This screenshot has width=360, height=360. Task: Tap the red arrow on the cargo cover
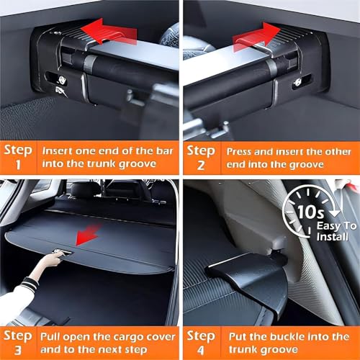point(88,234)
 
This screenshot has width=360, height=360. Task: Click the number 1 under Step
point(18,165)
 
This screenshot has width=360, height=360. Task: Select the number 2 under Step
point(201,165)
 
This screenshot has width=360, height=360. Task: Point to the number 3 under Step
point(18,350)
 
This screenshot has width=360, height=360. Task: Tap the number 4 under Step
point(201,351)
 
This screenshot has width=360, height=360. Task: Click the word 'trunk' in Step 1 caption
point(102,163)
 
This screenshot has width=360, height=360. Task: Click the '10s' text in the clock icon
point(311,212)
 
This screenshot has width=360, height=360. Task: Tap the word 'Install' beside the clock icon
point(332,237)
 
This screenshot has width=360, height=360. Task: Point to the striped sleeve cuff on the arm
point(29,283)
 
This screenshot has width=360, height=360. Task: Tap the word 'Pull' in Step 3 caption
point(50,337)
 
